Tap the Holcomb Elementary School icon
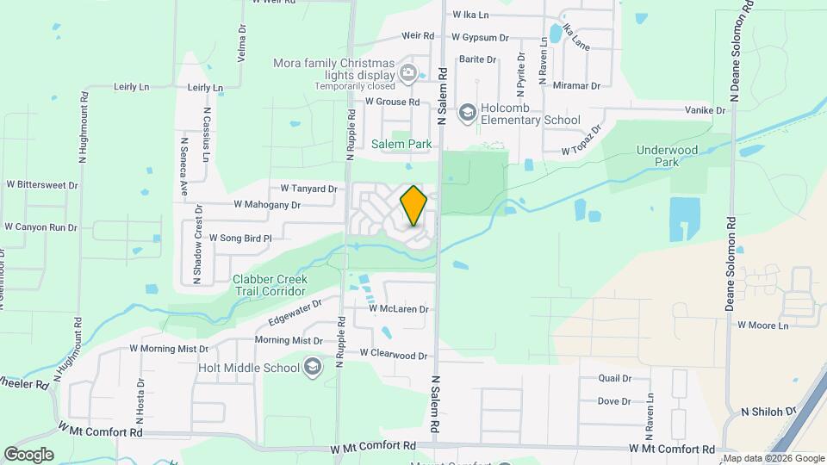click(x=467, y=112)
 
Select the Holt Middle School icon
click(x=312, y=369)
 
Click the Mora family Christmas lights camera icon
click(x=407, y=73)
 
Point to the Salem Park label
click(x=401, y=145)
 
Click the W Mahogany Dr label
click(x=267, y=206)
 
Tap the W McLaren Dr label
click(x=398, y=308)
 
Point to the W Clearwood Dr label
click(x=394, y=354)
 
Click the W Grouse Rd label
click(x=392, y=102)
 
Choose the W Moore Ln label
click(x=762, y=325)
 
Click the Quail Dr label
click(x=615, y=379)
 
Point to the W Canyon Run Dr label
click(x=40, y=227)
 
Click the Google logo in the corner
click(x=28, y=455)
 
